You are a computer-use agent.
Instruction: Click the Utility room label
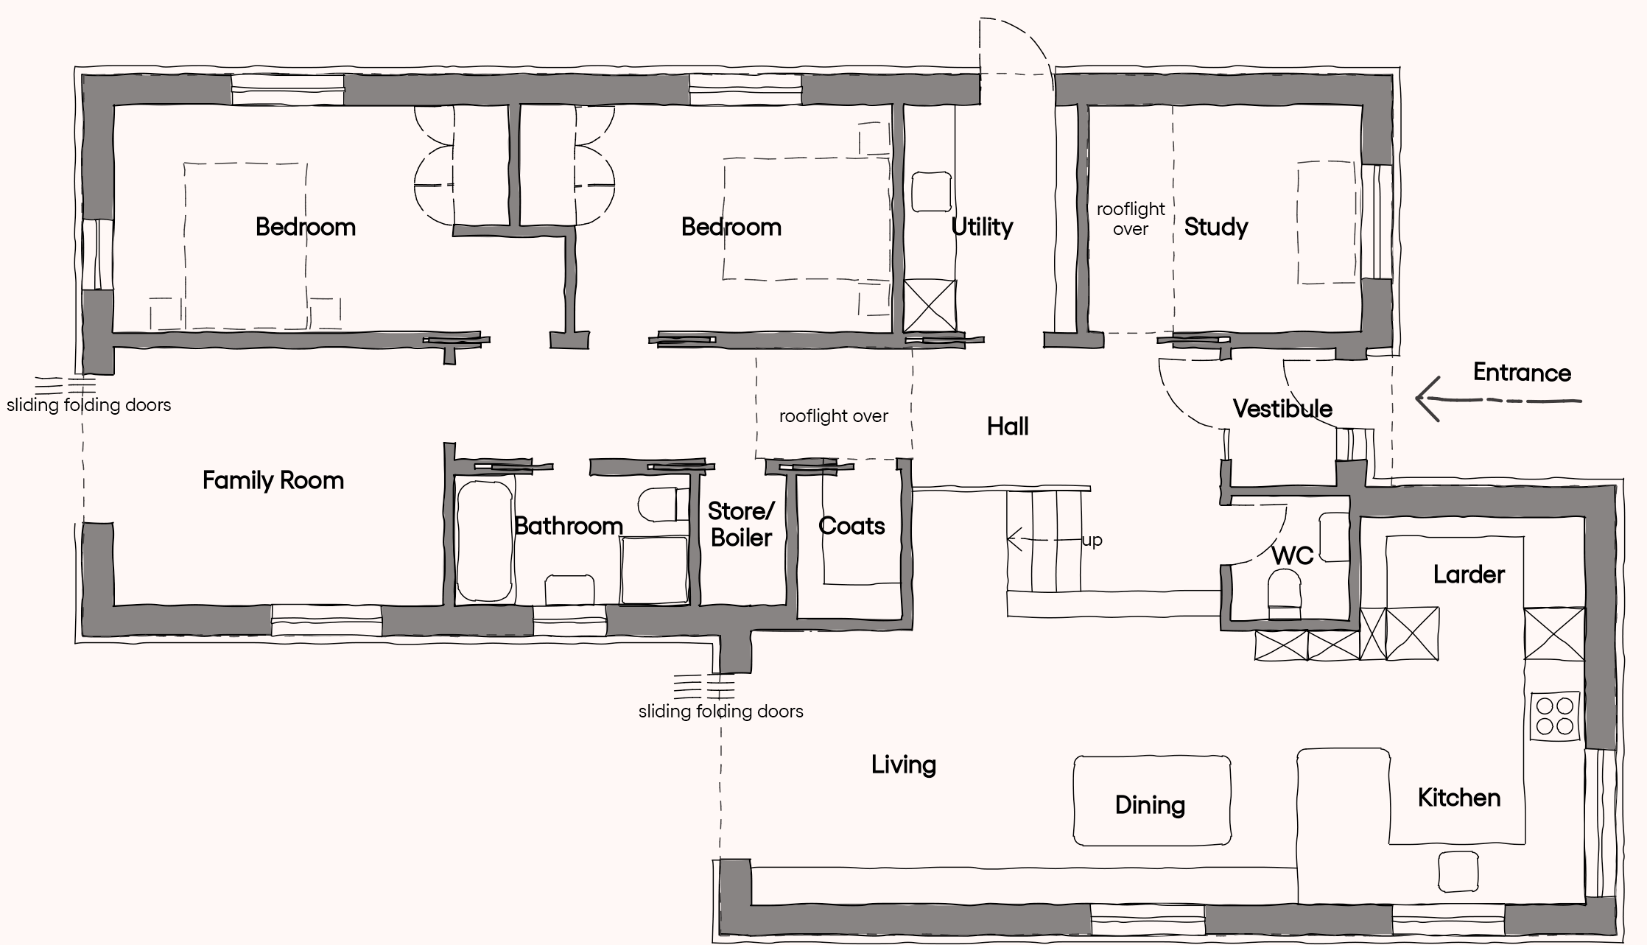point(982,227)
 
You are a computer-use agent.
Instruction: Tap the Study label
point(1216,227)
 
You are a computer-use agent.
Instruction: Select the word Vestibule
point(1282,409)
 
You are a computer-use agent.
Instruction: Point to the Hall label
point(1008,426)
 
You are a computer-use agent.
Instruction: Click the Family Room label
point(273,481)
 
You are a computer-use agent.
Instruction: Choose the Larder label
point(1469,575)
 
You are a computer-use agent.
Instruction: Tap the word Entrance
point(1522,373)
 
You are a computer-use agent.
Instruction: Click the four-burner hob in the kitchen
point(1555,716)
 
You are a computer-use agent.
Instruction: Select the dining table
point(1151,801)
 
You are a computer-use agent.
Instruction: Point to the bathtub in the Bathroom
point(485,541)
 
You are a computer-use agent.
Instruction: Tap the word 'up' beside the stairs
point(1092,541)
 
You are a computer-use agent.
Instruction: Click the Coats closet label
point(851,526)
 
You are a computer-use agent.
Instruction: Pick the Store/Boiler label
point(741,524)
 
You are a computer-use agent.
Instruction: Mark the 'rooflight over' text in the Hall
point(834,416)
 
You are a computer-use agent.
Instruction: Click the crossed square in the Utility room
point(930,305)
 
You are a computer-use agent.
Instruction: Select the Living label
point(904,765)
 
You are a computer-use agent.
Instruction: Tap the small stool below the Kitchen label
point(1458,871)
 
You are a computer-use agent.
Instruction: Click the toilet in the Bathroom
point(657,505)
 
